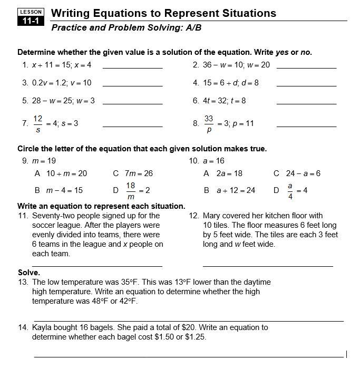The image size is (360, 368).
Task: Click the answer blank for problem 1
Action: coord(132,67)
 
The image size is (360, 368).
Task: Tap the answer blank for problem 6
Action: coord(306,103)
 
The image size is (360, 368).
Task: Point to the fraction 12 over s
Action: coord(38,123)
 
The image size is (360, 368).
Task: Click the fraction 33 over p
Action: coord(209,123)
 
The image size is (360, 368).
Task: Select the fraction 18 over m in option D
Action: coord(131,190)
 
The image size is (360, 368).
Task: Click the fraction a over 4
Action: coord(289,190)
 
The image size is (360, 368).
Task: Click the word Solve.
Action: coord(29,273)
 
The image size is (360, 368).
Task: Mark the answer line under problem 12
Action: coord(268,266)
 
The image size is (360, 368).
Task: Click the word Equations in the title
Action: coord(110,13)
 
